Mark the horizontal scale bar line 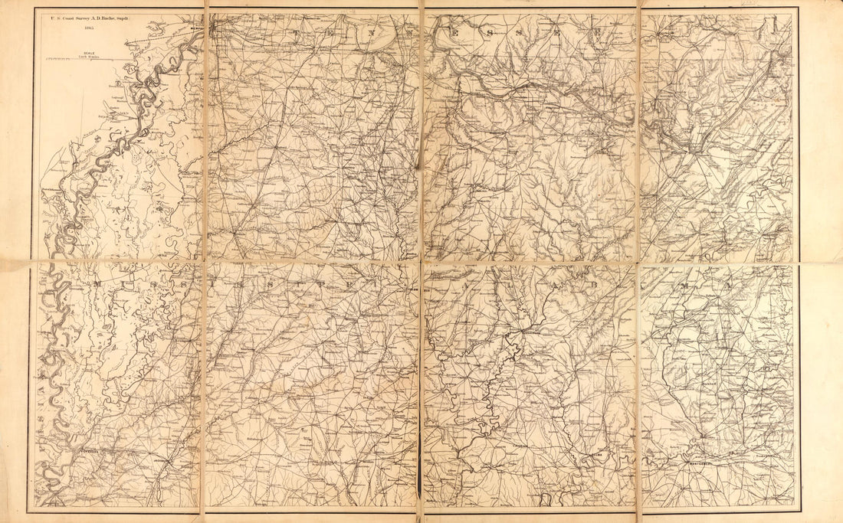tap(84, 57)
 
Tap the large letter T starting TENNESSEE tap(296, 35)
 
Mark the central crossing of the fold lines tap(421, 263)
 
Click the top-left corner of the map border tap(33, 8)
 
